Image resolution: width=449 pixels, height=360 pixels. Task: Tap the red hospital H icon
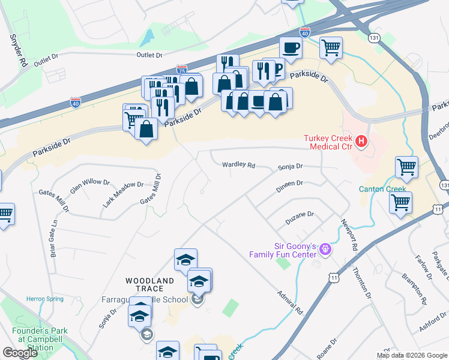click(x=361, y=142)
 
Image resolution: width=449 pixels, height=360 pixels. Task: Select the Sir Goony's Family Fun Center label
click(x=283, y=250)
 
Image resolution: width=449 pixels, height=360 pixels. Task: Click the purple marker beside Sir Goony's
click(x=325, y=248)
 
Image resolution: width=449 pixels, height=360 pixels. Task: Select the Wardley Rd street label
click(x=238, y=164)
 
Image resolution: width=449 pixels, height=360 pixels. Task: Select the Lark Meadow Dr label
click(x=123, y=194)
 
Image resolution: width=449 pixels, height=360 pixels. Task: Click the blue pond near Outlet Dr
click(x=145, y=39)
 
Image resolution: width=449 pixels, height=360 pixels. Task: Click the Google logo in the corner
click(x=20, y=353)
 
